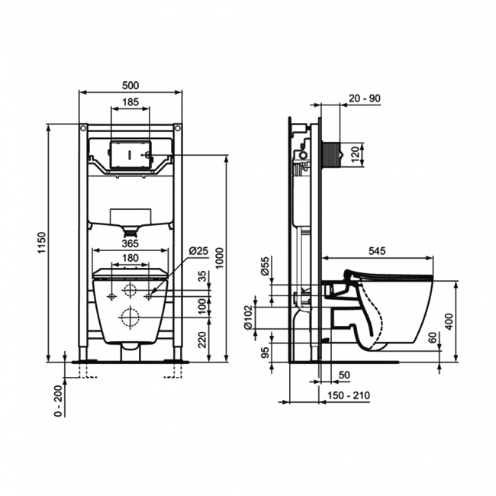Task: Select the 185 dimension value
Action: tap(130, 101)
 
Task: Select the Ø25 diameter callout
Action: tap(198, 251)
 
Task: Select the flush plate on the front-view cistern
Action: tap(130, 153)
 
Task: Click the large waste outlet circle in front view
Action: tap(130, 316)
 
